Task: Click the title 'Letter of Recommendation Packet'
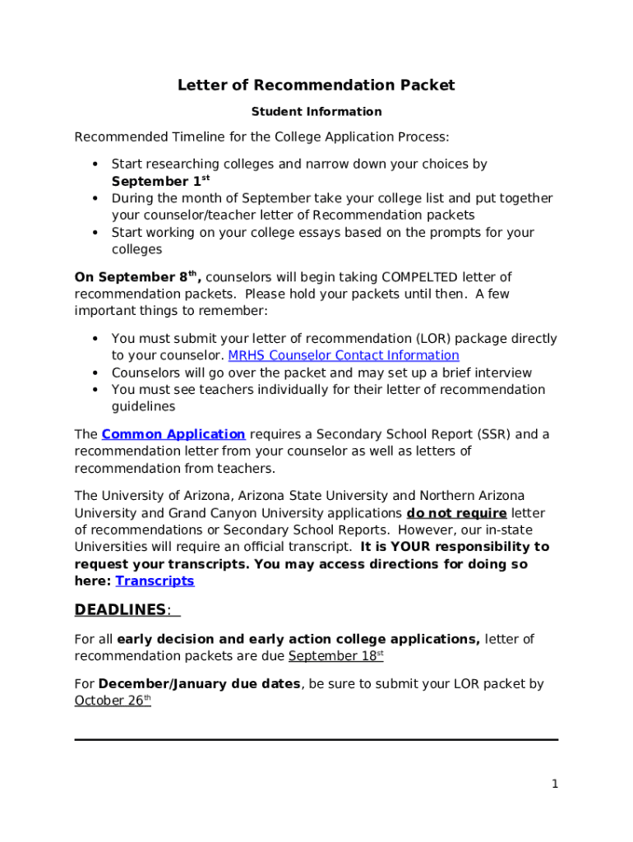coord(316,86)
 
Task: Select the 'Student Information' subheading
coord(316,112)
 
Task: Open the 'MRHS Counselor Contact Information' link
coord(343,356)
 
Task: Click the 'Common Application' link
coord(173,434)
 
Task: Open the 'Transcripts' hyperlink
coord(155,581)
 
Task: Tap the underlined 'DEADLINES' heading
coord(121,610)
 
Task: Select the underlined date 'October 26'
coord(110,701)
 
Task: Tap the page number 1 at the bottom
coord(555,784)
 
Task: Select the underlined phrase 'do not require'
coord(456,513)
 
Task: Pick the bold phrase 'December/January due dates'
coord(199,684)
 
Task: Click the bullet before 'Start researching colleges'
coord(95,164)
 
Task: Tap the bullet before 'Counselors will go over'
coord(95,373)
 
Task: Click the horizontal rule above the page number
coord(316,739)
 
